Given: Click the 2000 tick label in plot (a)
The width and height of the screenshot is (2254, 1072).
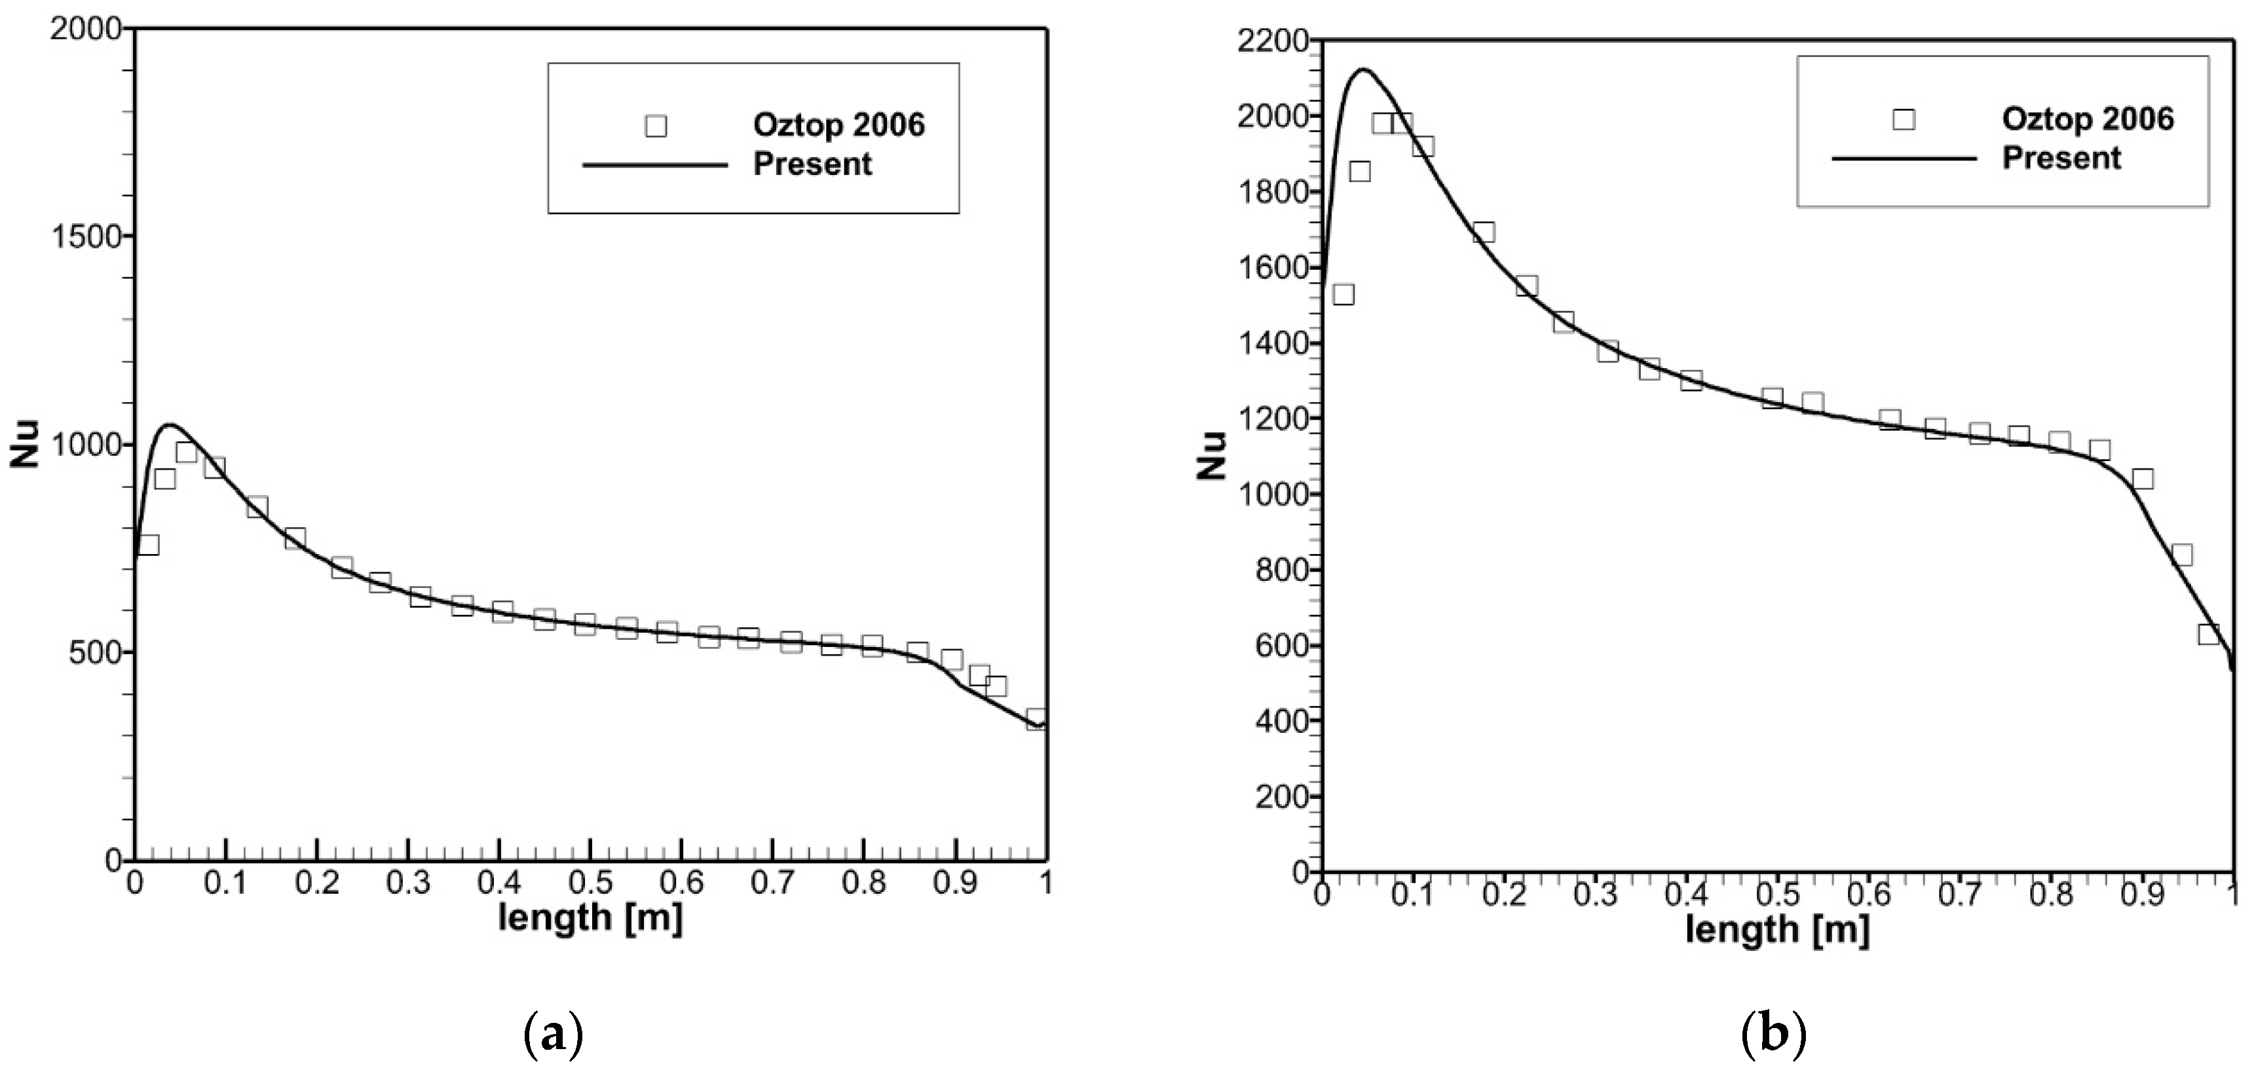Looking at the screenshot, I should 86,29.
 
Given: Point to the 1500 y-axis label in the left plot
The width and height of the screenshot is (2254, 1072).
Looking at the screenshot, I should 86,237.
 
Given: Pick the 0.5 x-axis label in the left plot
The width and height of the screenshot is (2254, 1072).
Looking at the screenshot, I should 591,882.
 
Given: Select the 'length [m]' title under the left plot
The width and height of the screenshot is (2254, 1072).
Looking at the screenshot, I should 591,918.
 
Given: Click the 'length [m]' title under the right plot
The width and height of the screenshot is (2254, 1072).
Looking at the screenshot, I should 1778,929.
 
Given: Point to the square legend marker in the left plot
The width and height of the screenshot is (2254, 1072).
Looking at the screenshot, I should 656,126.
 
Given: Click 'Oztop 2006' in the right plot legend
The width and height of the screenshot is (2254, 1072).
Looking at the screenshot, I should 2088,119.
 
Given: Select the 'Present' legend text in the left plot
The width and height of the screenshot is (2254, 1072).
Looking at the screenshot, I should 812,164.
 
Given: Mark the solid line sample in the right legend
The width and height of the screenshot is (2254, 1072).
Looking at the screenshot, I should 1904,158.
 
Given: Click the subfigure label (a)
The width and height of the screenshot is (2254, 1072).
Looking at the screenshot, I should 552,1036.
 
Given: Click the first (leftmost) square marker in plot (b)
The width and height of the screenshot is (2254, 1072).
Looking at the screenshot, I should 1343,294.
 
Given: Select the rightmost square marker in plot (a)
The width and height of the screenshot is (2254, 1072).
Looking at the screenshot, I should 1036,719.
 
